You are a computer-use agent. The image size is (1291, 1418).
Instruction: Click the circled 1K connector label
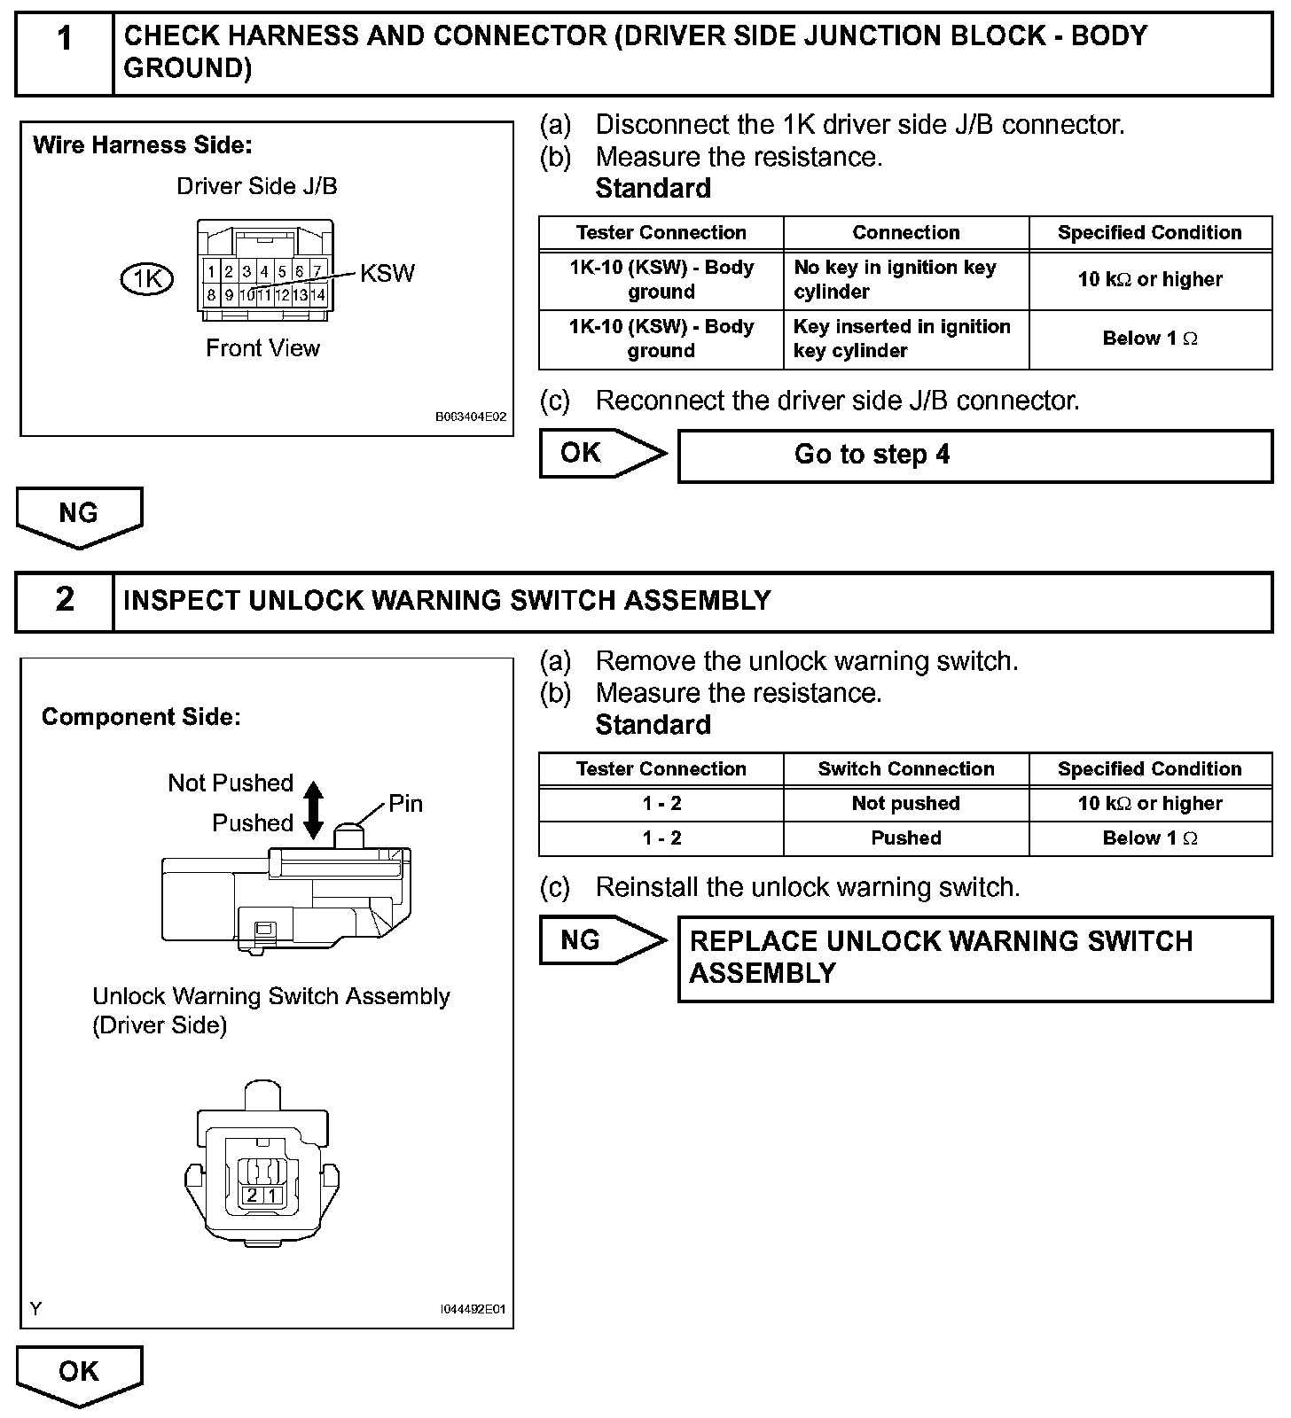[x=146, y=279]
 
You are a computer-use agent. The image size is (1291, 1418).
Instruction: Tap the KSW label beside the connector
[x=387, y=273]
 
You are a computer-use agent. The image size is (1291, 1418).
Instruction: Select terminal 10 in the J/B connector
[x=247, y=295]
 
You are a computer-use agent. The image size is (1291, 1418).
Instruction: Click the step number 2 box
[x=65, y=601]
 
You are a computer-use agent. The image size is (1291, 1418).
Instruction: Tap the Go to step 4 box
[x=974, y=456]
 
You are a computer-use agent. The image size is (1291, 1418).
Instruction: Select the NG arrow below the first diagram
[x=79, y=516]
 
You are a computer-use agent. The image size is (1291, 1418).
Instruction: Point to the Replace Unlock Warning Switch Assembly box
[x=974, y=958]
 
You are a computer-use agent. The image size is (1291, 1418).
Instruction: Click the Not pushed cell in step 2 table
[x=905, y=804]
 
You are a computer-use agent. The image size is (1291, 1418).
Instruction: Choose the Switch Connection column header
[x=905, y=769]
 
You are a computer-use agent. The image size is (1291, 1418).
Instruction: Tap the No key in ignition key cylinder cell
[x=905, y=279]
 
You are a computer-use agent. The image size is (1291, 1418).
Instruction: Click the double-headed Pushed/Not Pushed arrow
[x=313, y=809]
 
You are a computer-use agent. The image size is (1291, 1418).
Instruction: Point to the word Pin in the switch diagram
[x=405, y=804]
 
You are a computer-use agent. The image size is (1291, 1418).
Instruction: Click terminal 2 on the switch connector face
[x=252, y=1196]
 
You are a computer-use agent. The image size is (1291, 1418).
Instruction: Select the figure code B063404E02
[x=471, y=417]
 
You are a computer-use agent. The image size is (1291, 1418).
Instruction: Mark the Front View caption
[x=262, y=348]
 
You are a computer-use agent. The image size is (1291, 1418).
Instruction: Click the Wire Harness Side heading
[x=143, y=145]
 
